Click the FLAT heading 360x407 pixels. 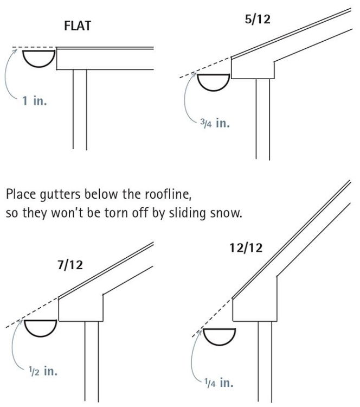pos(78,26)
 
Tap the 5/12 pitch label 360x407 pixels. pos(258,19)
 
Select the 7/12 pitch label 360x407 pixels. pos(70,265)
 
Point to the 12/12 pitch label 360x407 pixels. pos(246,247)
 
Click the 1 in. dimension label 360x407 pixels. pos(35,100)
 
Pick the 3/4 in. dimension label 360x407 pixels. pos(215,123)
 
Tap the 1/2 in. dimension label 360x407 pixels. pos(43,371)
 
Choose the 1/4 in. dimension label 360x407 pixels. pos(219,383)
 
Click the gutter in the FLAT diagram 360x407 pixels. pos(39,66)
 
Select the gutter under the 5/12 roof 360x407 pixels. pos(214,90)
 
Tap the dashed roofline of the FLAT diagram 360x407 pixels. pos(34,48)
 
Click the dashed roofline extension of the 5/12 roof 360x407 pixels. pos(205,67)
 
